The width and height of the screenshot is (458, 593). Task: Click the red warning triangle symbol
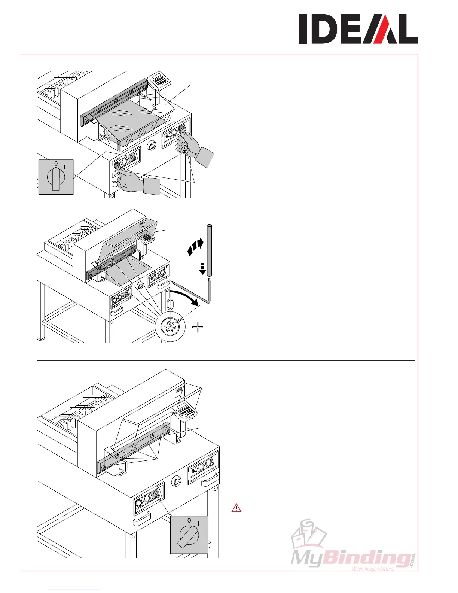click(x=236, y=508)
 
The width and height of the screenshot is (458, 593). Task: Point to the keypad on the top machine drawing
click(x=160, y=80)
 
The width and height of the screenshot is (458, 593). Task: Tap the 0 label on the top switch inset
click(x=56, y=164)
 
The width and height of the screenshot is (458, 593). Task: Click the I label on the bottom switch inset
click(x=198, y=523)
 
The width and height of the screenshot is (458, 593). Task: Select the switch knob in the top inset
click(x=56, y=178)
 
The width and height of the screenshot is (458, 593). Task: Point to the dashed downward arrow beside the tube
click(x=202, y=268)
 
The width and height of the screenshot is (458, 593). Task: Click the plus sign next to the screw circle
click(x=198, y=328)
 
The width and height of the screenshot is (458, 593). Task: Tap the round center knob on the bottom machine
click(x=176, y=482)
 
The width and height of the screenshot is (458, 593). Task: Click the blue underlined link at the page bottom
click(x=74, y=590)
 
